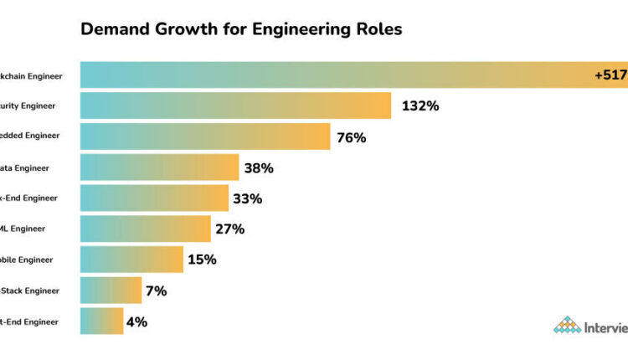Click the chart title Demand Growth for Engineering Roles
(241, 29)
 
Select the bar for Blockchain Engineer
(335, 75)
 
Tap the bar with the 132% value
(235, 105)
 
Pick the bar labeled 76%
(205, 136)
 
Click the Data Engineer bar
(159, 167)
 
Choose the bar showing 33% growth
(154, 198)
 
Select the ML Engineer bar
(145, 229)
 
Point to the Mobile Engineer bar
(131, 260)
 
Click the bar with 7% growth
(111, 291)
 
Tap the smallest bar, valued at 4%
(101, 321)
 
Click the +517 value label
(610, 75)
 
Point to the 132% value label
(420, 106)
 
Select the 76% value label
(351, 137)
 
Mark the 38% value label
(259, 168)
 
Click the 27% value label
(230, 229)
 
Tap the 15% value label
(202, 260)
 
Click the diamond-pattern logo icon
(567, 325)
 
